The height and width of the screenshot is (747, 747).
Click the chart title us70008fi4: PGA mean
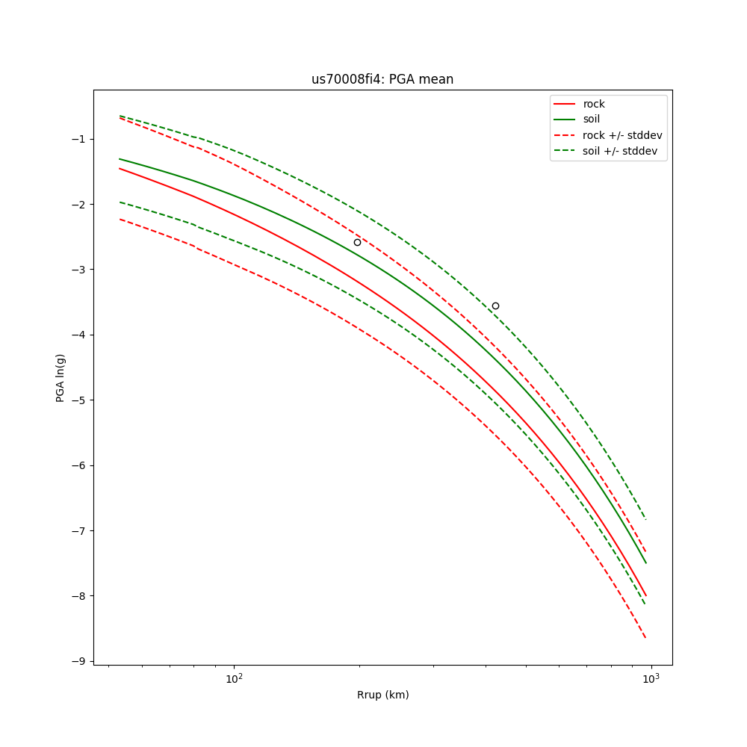382,79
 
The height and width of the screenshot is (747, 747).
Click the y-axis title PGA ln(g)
61,368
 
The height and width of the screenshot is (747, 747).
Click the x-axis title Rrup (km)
382,695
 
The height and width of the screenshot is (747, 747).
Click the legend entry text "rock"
594,104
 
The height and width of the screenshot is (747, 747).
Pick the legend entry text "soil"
592,120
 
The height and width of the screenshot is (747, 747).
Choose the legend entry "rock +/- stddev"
622,135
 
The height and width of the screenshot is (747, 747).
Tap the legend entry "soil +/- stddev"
622,151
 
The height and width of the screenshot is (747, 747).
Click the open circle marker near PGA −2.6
357,242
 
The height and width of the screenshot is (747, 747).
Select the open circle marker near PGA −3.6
495,306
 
